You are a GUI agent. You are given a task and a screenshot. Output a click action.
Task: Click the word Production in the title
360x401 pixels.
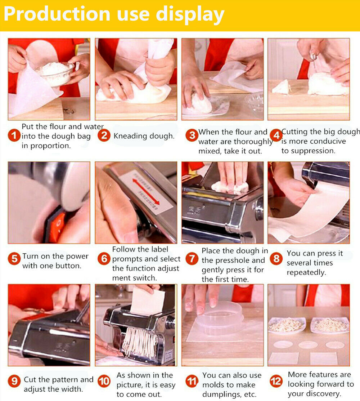tap(57, 14)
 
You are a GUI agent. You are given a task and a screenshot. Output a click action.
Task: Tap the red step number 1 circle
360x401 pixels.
tap(14, 135)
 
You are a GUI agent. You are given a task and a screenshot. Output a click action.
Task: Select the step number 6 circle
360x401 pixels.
tap(104, 259)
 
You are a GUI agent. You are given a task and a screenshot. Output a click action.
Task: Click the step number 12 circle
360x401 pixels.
tap(276, 381)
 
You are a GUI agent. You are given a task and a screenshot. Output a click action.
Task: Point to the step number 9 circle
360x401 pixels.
tap(14, 381)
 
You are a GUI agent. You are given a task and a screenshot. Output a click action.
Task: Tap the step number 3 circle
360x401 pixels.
tap(192, 135)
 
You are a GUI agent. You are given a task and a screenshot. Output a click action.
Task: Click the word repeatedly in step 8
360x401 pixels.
tap(306, 273)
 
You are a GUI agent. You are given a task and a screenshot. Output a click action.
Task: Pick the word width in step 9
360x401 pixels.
tap(72, 389)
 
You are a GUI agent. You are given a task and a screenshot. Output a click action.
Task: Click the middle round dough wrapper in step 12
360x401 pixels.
tap(308, 345)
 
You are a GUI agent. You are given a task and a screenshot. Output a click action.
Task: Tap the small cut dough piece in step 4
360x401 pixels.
tap(282, 87)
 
